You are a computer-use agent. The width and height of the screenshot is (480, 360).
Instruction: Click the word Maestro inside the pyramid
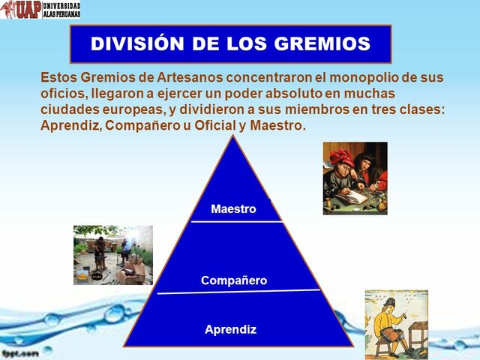[233, 208]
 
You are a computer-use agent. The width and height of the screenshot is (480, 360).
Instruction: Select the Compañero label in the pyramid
[234, 280]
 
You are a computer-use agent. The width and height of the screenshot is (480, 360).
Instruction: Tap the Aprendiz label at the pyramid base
[231, 328]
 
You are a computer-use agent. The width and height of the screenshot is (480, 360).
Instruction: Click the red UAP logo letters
[20, 10]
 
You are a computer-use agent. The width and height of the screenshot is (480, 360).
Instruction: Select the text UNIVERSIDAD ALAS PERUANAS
[61, 10]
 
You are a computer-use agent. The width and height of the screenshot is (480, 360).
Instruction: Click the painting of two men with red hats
[355, 178]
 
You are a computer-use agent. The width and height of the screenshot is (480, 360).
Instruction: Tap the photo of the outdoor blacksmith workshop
[112, 255]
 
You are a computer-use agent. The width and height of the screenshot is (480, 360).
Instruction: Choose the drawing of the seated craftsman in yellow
[396, 324]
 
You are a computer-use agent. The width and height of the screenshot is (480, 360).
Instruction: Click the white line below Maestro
[237, 221]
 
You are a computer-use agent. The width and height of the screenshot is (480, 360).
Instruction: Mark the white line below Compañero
[238, 292]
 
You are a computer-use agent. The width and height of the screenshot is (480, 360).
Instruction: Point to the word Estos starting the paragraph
[58, 77]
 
